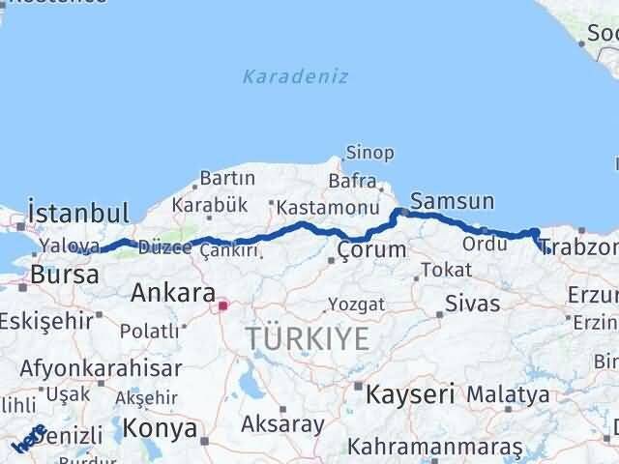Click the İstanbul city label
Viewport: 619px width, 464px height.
coord(78,213)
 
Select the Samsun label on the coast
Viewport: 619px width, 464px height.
coord(452,201)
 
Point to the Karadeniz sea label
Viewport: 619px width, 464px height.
coord(296,76)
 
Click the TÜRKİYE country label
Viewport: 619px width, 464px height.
coord(307,338)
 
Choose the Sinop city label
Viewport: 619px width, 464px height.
coord(370,153)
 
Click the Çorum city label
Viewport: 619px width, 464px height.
coord(371,249)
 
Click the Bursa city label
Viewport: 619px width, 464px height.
coord(64,275)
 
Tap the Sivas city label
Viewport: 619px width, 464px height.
coord(472,304)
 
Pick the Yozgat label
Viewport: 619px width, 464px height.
coord(356,304)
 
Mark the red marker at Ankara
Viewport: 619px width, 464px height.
coord(222,306)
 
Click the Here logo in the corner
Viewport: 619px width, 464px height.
coord(29,438)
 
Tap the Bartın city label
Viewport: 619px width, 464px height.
coord(227,179)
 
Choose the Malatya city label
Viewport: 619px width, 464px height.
coord(508,394)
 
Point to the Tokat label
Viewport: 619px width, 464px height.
coord(446,270)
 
